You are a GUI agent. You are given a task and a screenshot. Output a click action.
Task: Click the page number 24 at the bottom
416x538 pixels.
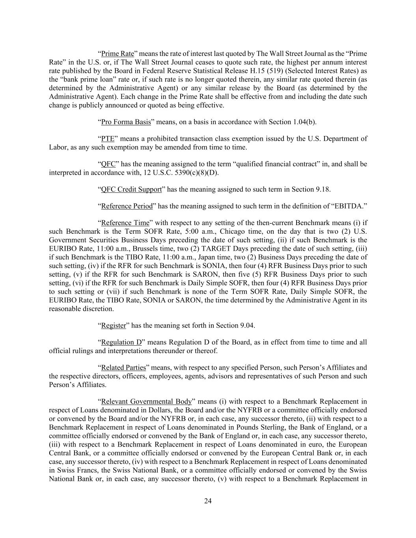(208, 501)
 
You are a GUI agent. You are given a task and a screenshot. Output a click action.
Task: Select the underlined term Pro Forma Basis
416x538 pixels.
(126, 122)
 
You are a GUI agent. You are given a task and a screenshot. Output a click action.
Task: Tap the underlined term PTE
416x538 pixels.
(108, 139)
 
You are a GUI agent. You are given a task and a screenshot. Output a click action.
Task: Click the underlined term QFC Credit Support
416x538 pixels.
(131, 189)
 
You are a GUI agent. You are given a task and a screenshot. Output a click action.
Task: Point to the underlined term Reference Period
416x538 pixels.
(127, 206)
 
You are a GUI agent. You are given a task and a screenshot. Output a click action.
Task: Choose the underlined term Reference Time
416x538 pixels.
(125, 223)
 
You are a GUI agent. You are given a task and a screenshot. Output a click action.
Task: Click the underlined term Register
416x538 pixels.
(114, 325)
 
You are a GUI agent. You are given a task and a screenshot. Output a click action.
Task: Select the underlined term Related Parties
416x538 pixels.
(123, 368)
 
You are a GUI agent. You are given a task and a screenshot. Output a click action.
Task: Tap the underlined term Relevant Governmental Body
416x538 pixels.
(146, 402)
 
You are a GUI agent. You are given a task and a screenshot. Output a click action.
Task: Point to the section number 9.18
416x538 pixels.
(323, 189)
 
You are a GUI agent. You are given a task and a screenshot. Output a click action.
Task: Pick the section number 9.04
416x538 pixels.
(247, 325)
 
